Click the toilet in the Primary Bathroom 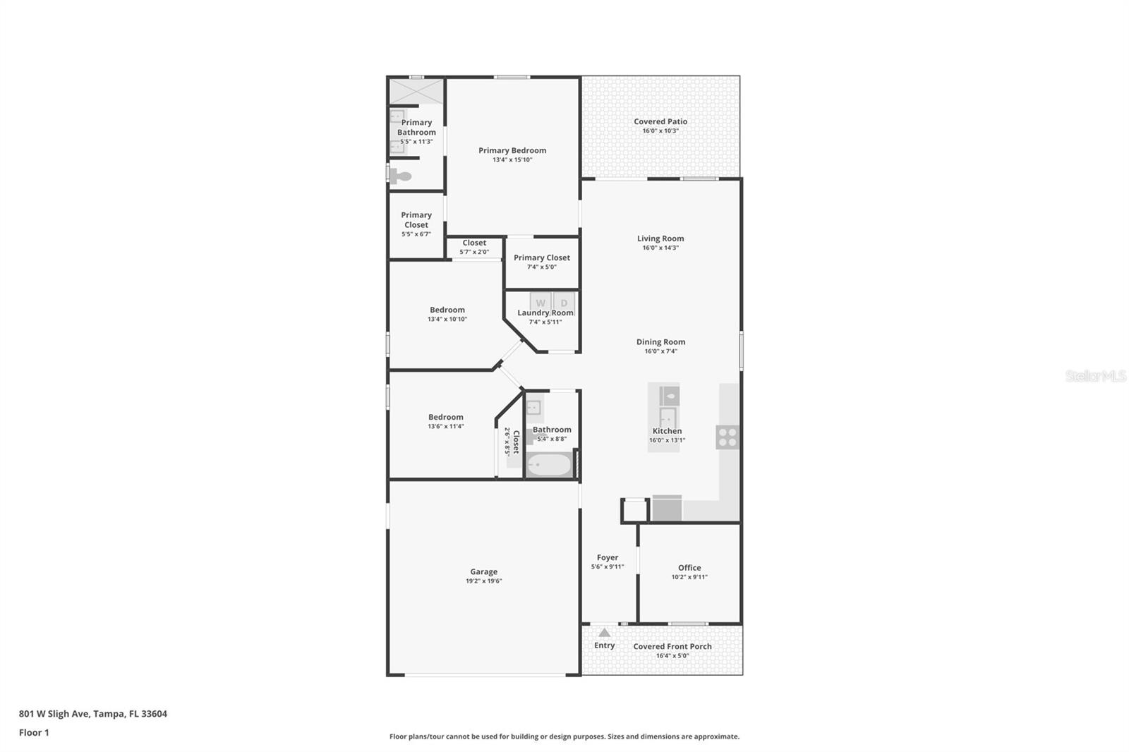point(401,176)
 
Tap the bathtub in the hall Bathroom point(550,465)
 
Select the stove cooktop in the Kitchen point(727,437)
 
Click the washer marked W point(541,303)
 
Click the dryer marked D point(564,303)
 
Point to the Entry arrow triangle point(604,633)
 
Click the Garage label point(483,572)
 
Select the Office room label point(689,568)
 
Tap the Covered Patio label point(660,121)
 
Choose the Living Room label point(660,238)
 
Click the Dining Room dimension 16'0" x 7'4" point(660,351)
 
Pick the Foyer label point(608,557)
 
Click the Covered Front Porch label point(672,646)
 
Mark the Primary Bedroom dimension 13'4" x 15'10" point(512,160)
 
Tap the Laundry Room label point(545,313)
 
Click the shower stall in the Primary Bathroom point(416,92)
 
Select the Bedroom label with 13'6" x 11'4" point(446,417)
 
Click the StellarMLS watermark point(1095,377)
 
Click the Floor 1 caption point(34,733)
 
